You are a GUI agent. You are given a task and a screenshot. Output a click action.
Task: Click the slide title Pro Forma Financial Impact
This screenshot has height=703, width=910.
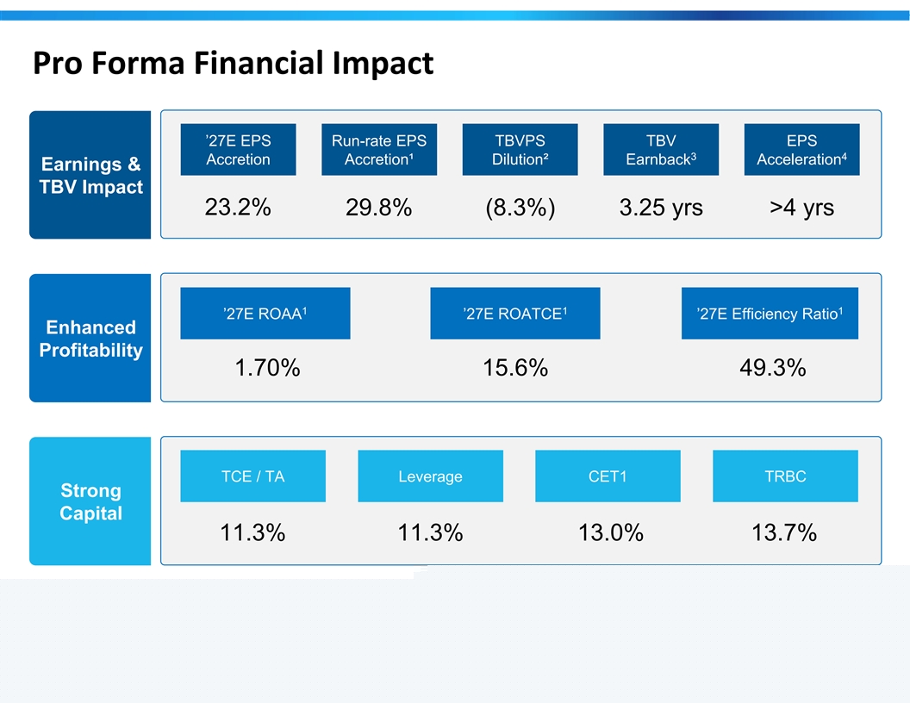coord(233,63)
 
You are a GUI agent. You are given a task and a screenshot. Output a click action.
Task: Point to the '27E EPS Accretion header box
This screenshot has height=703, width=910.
coord(238,150)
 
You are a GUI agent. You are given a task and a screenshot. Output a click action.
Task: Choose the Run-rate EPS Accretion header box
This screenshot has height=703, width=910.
coord(379,150)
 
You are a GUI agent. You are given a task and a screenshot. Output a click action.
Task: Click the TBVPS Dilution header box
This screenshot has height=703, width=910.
coord(520,150)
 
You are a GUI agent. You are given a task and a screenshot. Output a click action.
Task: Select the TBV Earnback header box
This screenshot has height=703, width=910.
coord(661,150)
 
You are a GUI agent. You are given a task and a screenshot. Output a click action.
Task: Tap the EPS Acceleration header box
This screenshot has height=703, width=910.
coord(802,150)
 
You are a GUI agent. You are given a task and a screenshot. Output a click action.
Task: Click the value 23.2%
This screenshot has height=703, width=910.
coord(238,207)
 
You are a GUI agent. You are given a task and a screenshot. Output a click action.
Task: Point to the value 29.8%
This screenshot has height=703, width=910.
coord(379,207)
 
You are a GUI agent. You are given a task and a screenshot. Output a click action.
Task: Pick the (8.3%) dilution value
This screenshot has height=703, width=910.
coord(520,208)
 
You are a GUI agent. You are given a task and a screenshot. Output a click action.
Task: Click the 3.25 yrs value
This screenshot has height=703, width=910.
coord(661,208)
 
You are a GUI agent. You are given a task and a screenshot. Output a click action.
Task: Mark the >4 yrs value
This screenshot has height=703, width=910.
coord(802,208)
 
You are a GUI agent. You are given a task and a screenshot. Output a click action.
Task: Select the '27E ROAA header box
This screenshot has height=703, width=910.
coord(265,314)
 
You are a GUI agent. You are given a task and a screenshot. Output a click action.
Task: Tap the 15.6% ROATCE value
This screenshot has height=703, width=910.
coord(515,368)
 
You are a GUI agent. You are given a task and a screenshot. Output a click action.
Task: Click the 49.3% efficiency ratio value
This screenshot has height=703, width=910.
coord(772,368)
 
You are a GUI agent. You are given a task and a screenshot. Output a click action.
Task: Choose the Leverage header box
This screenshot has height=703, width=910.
coord(431,476)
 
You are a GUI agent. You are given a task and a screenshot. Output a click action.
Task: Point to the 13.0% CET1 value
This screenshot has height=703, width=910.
coord(610,532)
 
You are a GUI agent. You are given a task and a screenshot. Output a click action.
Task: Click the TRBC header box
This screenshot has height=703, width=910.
coord(785,476)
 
